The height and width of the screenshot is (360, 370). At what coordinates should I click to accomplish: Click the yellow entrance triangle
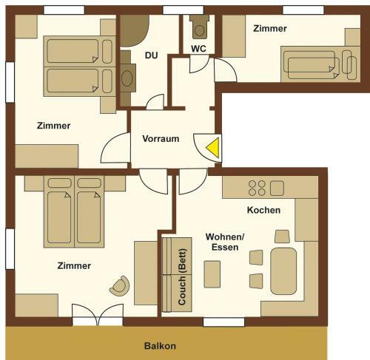[214, 148]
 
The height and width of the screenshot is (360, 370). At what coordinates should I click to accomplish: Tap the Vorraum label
[161, 139]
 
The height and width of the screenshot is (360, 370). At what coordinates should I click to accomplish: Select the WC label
[198, 49]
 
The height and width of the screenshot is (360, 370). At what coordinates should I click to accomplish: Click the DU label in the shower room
[151, 55]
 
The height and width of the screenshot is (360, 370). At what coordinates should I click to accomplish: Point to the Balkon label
[160, 346]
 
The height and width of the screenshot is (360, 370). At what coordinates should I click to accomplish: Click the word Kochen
[263, 210]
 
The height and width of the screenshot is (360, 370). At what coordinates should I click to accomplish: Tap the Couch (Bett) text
[182, 277]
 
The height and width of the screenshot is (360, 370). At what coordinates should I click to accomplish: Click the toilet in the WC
[199, 27]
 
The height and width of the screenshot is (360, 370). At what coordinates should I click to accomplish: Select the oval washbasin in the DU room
[127, 78]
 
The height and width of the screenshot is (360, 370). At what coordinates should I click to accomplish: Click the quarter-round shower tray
[133, 30]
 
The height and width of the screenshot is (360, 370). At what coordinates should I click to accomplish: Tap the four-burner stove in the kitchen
[257, 188]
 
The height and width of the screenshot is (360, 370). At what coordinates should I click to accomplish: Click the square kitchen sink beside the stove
[277, 188]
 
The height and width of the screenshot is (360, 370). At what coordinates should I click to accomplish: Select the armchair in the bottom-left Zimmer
[120, 286]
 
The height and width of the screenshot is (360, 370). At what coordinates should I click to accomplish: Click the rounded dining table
[283, 271]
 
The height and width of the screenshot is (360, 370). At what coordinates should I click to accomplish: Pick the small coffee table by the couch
[212, 274]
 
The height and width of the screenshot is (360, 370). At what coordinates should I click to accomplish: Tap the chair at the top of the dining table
[282, 237]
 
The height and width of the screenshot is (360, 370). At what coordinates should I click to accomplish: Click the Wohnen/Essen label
[225, 242]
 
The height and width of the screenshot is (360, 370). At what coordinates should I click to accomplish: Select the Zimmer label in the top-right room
[270, 29]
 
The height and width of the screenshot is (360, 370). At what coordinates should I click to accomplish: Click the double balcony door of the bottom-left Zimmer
[98, 316]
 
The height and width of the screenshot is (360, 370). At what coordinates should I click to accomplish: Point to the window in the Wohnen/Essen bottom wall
[223, 322]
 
